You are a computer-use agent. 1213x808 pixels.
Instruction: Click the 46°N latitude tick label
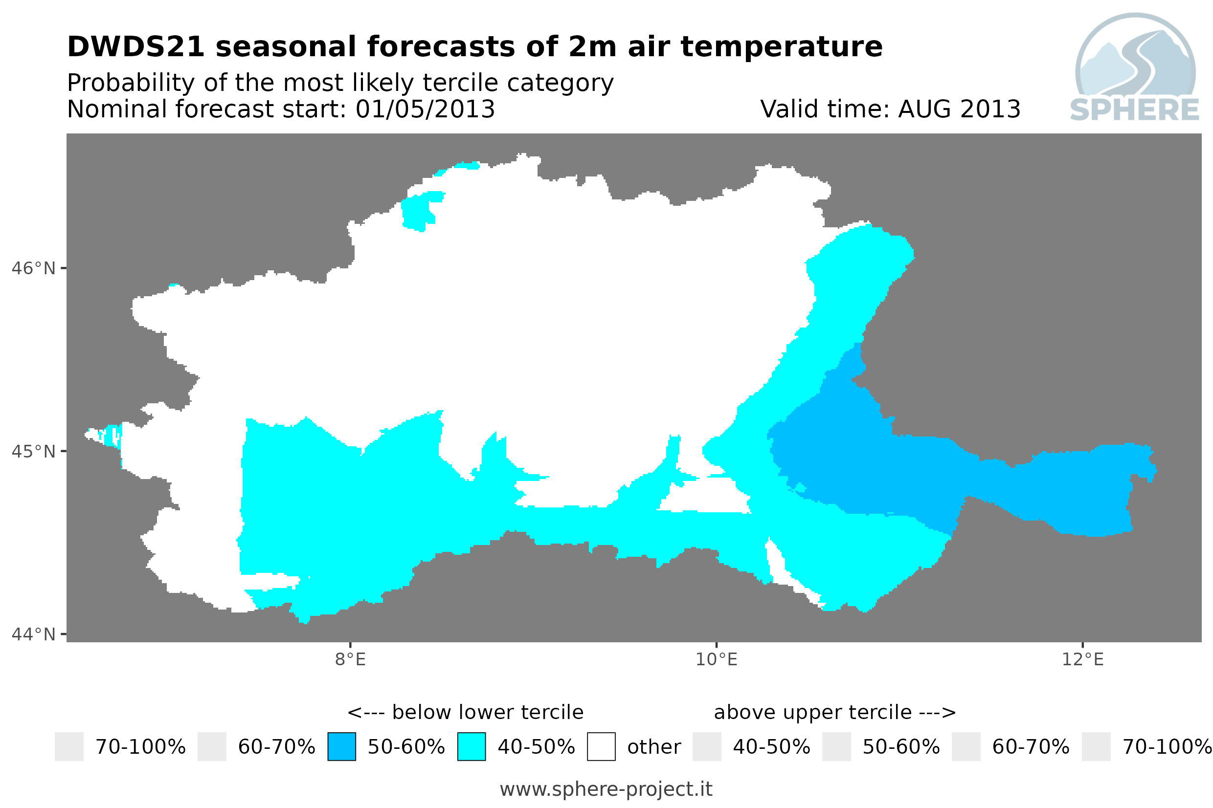tap(33, 268)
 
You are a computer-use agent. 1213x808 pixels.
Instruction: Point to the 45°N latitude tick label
tap(33, 451)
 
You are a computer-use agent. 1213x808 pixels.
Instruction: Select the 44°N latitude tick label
tap(33, 634)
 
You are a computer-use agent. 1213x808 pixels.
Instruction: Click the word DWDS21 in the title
tap(136, 47)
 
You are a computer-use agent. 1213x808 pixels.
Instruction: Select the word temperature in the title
tap(782, 47)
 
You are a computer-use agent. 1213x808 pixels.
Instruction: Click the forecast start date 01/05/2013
tap(426, 109)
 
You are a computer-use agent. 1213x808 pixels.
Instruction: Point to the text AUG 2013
tap(959, 109)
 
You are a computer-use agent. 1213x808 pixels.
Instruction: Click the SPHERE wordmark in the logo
tap(1135, 110)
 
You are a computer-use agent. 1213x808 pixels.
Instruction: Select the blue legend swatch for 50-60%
tap(342, 747)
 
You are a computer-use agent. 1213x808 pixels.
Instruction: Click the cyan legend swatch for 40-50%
tap(472, 747)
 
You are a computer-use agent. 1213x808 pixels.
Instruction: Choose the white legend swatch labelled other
tap(601, 747)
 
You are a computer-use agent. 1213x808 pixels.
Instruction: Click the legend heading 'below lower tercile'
tap(488, 712)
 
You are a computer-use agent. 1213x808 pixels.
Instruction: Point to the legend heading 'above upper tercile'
tap(813, 712)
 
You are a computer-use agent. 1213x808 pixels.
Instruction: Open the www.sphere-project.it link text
tap(606, 789)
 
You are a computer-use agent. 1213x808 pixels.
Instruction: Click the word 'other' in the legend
tap(654, 747)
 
